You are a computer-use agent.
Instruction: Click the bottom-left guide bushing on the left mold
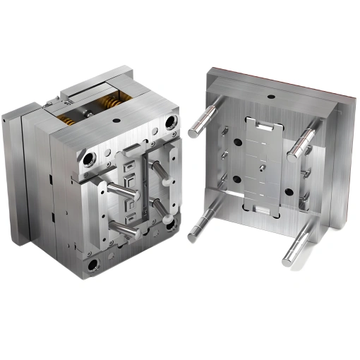click(x=92, y=265)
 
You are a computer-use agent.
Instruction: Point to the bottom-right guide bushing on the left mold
click(x=172, y=224)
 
